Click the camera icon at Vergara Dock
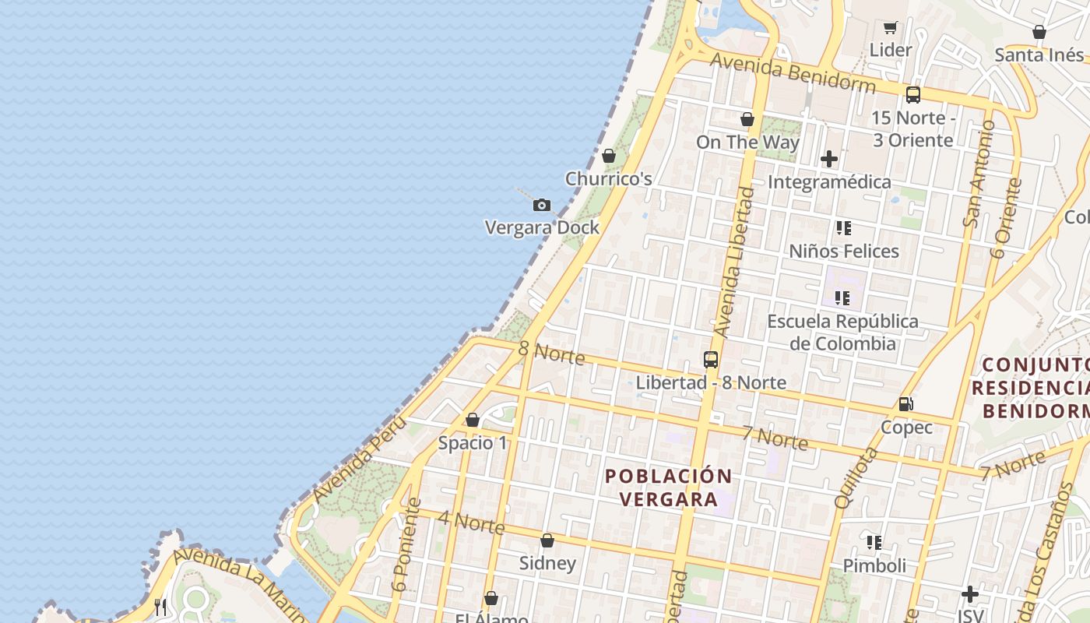(x=542, y=206)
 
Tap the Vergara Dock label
(x=542, y=227)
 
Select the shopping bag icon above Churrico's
(x=609, y=157)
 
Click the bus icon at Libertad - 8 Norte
(x=710, y=360)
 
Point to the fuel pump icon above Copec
(x=905, y=404)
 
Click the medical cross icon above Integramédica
(x=829, y=160)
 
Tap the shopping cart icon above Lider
(x=891, y=28)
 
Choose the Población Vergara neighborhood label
(x=668, y=487)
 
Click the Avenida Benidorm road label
(x=793, y=72)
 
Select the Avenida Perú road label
(x=360, y=459)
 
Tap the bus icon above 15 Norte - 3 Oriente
(x=912, y=95)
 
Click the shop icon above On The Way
(x=747, y=119)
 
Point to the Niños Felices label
(x=844, y=251)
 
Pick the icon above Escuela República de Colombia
(x=842, y=298)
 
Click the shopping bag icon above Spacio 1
(x=472, y=421)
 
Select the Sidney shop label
(x=547, y=563)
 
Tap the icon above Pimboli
(x=874, y=542)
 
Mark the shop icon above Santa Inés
(x=1039, y=32)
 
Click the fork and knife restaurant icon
(x=160, y=607)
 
